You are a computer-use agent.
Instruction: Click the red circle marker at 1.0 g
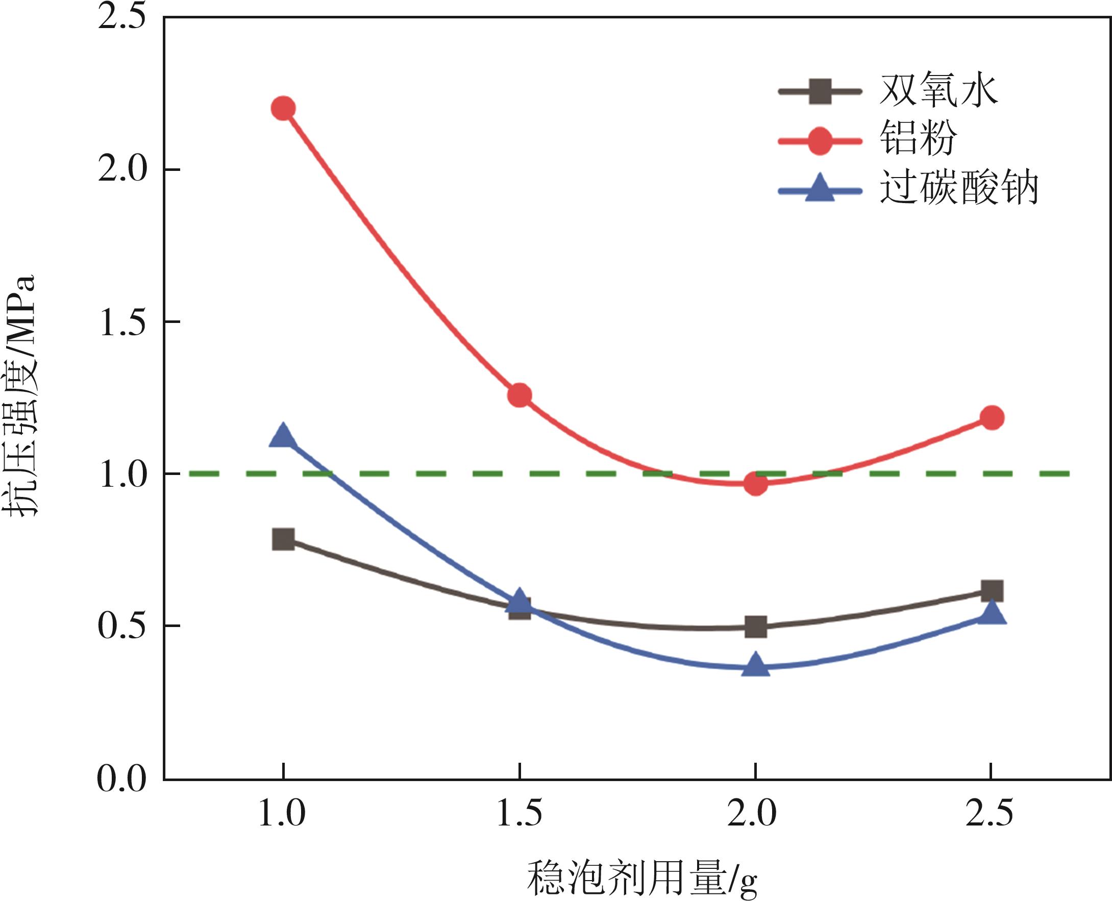283,109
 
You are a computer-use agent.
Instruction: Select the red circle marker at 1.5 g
519,395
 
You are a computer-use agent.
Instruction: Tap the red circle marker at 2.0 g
755,484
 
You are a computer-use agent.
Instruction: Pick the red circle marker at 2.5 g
992,418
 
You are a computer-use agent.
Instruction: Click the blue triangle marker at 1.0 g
283,436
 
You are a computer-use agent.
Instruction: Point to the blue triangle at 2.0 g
755,665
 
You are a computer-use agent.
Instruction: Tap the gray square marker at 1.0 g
283,540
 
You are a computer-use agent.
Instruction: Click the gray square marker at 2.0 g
755,627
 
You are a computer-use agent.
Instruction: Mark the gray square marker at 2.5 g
992,591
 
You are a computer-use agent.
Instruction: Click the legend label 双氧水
938,91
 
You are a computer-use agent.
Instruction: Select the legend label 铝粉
918,139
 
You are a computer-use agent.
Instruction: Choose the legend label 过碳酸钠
958,188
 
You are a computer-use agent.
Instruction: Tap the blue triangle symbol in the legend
820,189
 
